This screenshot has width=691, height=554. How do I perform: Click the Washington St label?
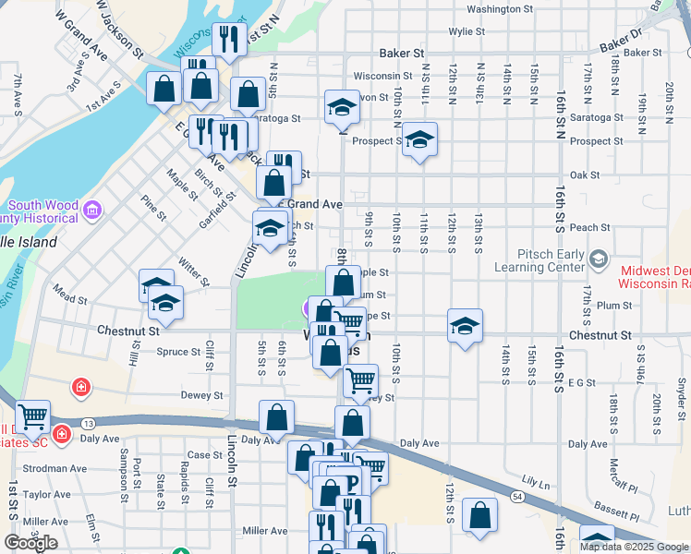pyautogui.click(x=500, y=9)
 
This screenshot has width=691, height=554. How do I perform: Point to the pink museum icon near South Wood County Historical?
pyautogui.click(x=91, y=211)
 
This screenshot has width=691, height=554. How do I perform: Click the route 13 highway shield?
pyautogui.click(x=88, y=422)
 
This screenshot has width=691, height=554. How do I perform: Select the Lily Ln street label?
pyautogui.click(x=535, y=482)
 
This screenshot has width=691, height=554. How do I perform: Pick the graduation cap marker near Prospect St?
pyautogui.click(x=419, y=140)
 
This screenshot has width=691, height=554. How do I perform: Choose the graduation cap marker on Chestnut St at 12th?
pyautogui.click(x=465, y=326)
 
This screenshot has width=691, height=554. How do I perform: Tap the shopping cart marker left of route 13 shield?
pyautogui.click(x=32, y=418)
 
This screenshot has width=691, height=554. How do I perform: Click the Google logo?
pyautogui.click(x=30, y=543)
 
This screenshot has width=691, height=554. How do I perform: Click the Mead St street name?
pyautogui.click(x=70, y=299)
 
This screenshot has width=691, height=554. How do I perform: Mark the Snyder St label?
pyautogui.click(x=682, y=391)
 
